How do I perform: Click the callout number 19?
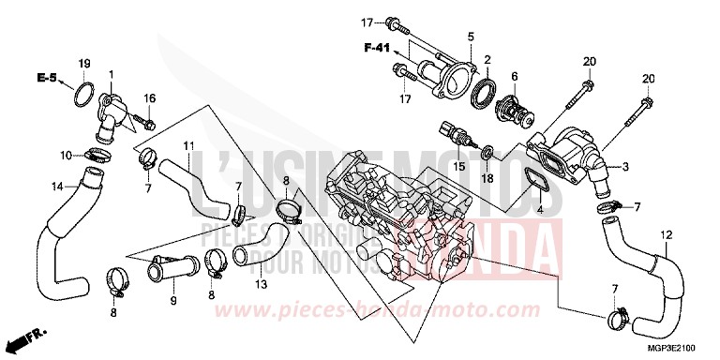pos(83,63)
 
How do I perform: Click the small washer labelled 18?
pos(487,150)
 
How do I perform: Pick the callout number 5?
pos(471,36)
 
